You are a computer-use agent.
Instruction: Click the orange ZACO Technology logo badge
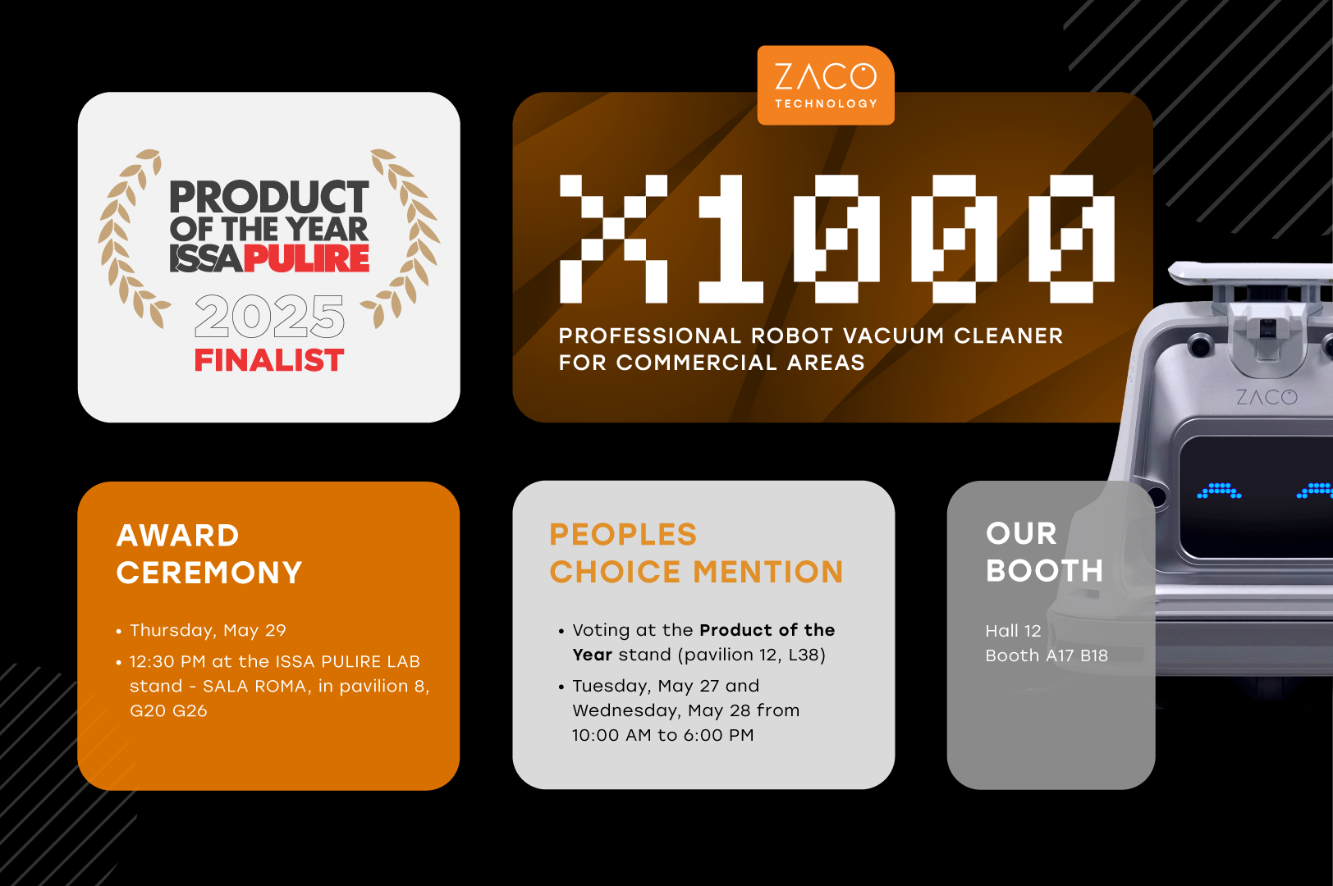coord(826,85)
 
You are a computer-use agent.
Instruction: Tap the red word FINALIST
coord(269,360)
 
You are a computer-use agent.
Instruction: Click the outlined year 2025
coord(269,315)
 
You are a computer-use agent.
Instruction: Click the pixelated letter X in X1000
coord(613,239)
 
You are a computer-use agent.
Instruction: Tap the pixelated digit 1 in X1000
coord(731,239)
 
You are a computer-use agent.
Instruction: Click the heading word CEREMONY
coord(208,573)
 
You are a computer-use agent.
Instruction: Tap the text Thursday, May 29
coord(208,630)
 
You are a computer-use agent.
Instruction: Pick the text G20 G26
coord(168,710)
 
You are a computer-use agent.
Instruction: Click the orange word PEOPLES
coord(623,535)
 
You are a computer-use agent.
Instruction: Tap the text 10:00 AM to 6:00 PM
coord(663,735)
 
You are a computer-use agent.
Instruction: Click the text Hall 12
coord(1013,631)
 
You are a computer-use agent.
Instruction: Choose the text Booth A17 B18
coord(1047,655)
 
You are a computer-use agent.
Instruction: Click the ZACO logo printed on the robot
coord(1267,396)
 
